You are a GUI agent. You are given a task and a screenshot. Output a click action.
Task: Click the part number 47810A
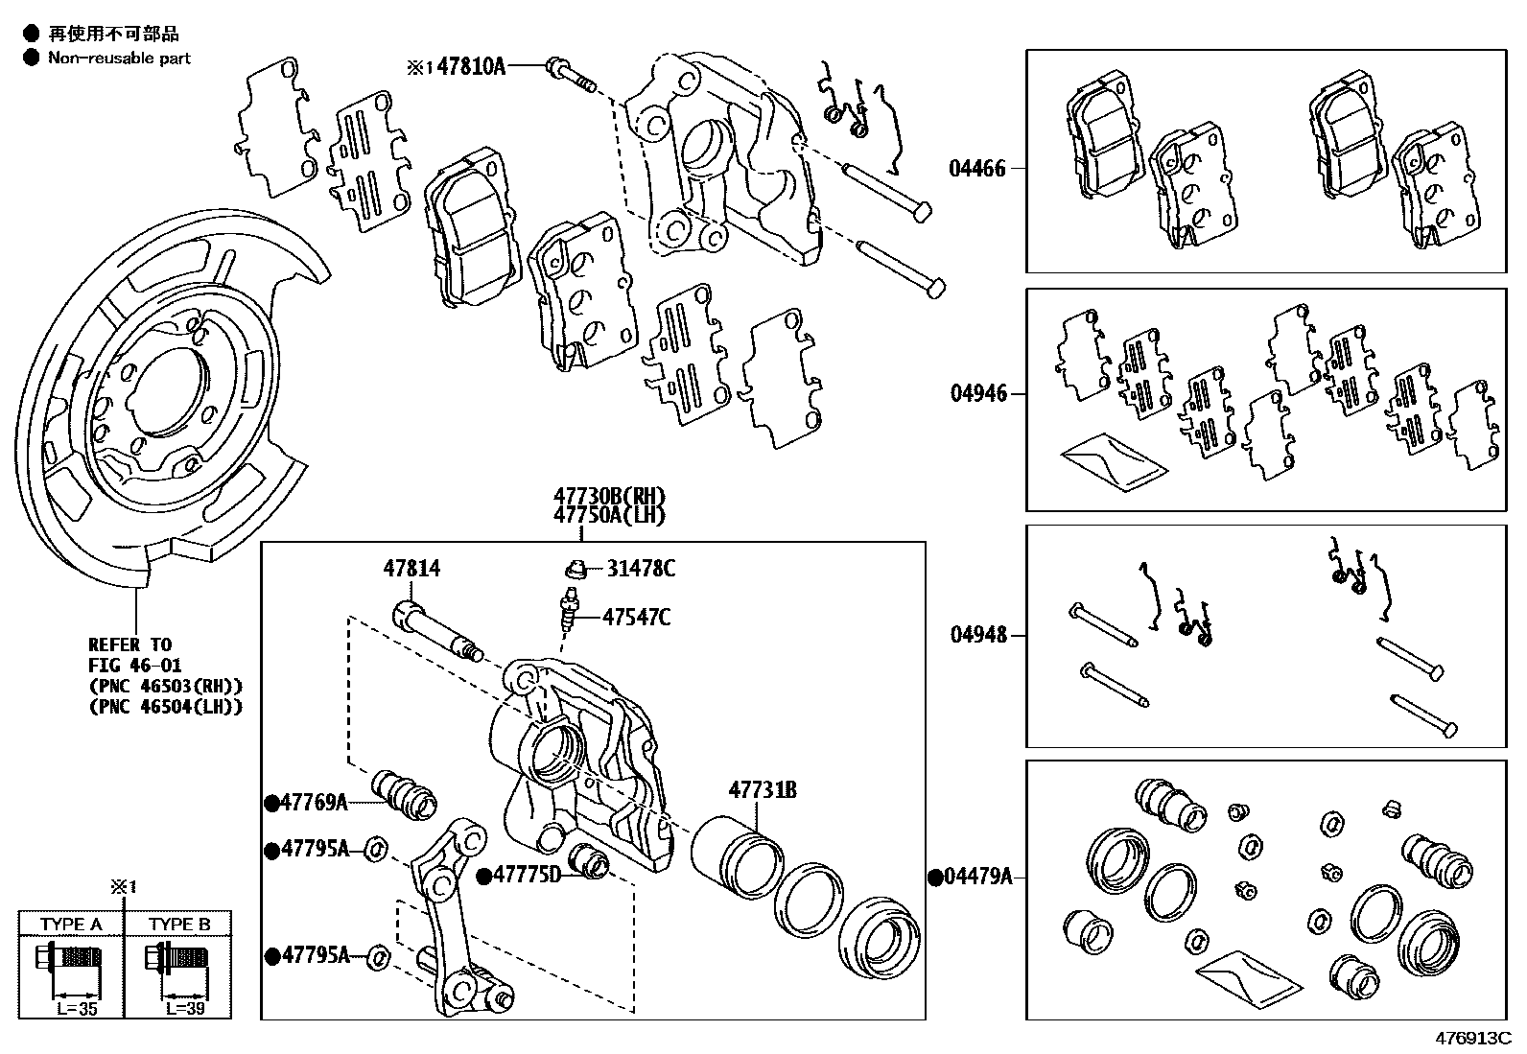tap(470, 66)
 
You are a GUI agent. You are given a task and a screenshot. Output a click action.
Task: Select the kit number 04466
tap(977, 169)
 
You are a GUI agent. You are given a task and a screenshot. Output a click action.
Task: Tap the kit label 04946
tap(978, 393)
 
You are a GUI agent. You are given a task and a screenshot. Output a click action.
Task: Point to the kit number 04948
tap(978, 635)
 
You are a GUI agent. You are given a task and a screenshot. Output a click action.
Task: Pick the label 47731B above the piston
tap(763, 790)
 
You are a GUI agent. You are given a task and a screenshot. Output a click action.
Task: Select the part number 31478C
tap(640, 569)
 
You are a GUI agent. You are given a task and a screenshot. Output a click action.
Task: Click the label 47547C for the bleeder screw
tap(636, 617)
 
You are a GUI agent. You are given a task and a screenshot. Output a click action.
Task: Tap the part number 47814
tap(411, 569)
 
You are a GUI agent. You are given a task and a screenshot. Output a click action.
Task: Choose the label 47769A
tap(314, 803)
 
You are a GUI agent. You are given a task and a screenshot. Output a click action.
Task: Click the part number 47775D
tap(528, 875)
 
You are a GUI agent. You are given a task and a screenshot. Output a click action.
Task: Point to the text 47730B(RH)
tap(608, 496)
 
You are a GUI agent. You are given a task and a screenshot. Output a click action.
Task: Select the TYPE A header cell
tap(71, 925)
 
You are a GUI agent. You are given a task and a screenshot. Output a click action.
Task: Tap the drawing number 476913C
tap(1472, 1039)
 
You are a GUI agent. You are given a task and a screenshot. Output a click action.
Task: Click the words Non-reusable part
tap(119, 59)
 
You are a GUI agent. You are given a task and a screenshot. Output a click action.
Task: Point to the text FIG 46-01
tap(134, 665)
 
